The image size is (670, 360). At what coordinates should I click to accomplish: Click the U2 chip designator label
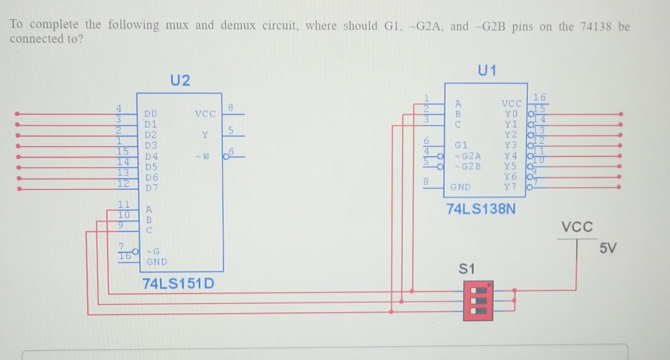[180, 81]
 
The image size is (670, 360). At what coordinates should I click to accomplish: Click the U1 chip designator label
[487, 71]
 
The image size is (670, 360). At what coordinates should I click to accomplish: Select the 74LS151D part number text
[178, 284]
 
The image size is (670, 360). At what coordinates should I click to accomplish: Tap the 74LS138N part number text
[481, 209]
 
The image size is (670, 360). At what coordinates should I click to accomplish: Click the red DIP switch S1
[478, 301]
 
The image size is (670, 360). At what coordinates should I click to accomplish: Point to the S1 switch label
[467, 269]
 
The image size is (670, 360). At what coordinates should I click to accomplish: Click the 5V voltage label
[608, 248]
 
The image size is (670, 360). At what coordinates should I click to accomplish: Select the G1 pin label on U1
[461, 145]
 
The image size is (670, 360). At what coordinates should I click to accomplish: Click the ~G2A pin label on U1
[468, 156]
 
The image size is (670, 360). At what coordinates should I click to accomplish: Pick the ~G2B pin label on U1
[468, 166]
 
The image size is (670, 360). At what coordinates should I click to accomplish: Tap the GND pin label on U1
[460, 187]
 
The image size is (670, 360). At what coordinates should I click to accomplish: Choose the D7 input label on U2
[151, 188]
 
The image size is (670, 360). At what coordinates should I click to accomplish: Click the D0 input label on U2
[151, 114]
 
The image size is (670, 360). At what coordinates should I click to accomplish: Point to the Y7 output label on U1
[510, 187]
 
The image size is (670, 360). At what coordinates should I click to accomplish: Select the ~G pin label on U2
[153, 251]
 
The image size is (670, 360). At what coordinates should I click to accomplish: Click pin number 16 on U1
[539, 97]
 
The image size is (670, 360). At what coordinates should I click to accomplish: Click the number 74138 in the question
[596, 27]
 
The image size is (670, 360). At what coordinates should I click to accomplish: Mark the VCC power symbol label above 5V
[577, 227]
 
